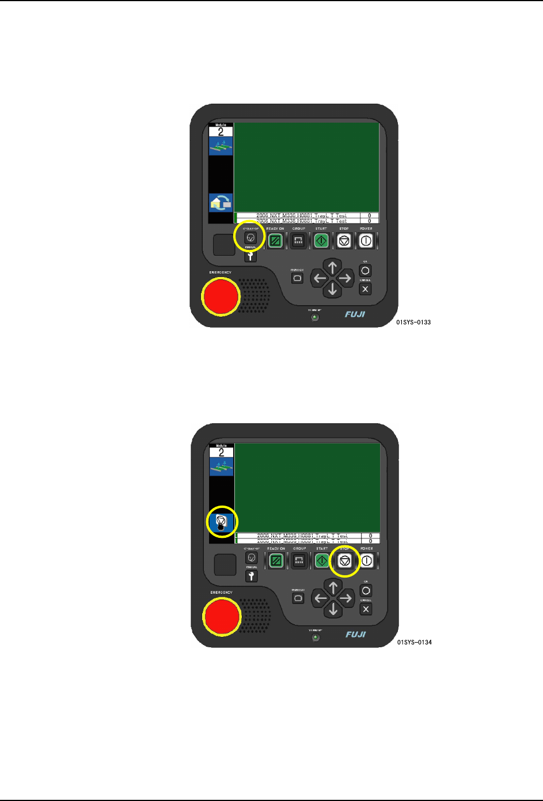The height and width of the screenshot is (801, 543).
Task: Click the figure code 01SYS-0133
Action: click(x=413, y=322)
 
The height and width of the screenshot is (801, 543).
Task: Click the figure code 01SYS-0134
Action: click(x=414, y=643)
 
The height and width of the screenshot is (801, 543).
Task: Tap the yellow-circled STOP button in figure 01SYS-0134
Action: click(x=344, y=560)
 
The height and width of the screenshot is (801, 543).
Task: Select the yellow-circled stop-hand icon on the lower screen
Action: click(x=222, y=522)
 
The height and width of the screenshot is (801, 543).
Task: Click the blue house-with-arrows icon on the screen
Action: click(x=221, y=203)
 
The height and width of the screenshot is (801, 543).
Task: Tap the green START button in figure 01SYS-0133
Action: click(x=321, y=241)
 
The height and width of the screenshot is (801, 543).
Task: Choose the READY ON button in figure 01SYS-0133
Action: click(x=275, y=241)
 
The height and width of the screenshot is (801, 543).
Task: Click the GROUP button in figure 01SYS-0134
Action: click(x=299, y=560)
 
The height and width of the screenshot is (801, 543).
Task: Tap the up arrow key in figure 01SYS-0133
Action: click(x=332, y=267)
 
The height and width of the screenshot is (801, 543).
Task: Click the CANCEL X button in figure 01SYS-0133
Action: click(x=365, y=289)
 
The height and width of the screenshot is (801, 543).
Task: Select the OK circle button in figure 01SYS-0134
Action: click(x=366, y=591)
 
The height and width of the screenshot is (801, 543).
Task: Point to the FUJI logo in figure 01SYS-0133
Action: click(x=355, y=314)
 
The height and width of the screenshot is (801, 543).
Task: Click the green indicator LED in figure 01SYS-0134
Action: click(x=316, y=637)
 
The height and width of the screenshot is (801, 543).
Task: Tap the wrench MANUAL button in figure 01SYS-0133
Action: click(x=250, y=256)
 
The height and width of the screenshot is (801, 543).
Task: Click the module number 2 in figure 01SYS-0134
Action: click(x=221, y=453)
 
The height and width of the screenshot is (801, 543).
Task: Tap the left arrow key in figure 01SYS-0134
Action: click(x=320, y=598)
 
